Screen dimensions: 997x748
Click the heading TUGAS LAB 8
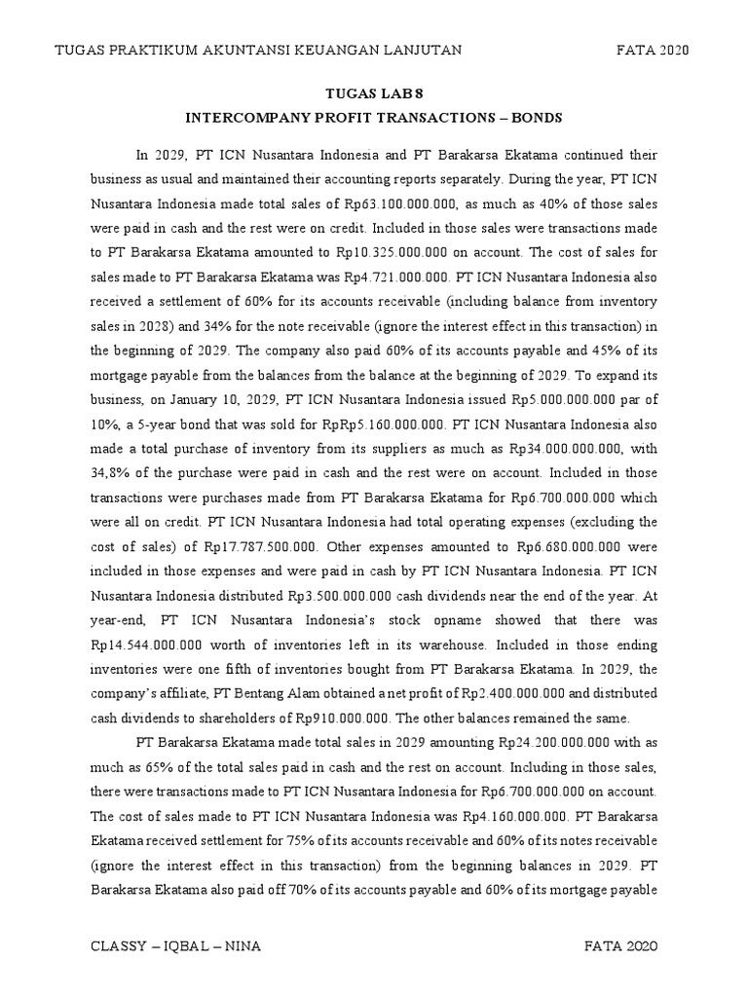(x=374, y=92)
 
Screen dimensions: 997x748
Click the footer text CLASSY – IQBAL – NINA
(x=175, y=946)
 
